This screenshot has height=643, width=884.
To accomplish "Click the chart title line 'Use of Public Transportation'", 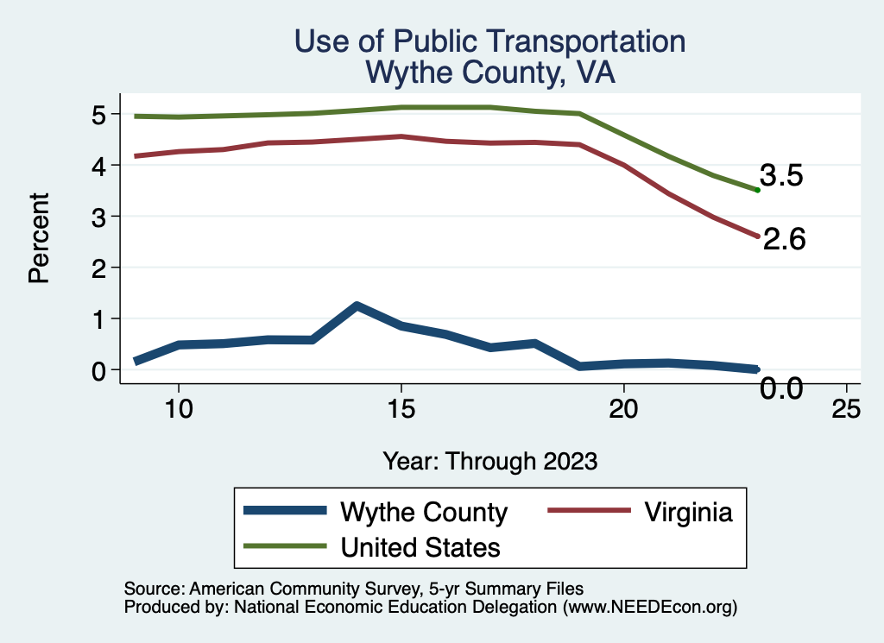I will (x=489, y=41).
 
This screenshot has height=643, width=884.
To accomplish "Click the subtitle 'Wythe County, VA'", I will (x=489, y=73).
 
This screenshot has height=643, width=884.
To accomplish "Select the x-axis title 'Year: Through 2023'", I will (x=489, y=461).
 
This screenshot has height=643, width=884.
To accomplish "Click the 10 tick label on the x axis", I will (x=178, y=408).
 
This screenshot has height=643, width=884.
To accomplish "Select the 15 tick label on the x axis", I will (x=401, y=408).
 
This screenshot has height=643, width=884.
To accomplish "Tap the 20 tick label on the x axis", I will (x=623, y=408).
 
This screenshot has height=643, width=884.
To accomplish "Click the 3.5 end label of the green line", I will (x=781, y=176).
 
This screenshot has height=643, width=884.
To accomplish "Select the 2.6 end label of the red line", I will (x=784, y=240).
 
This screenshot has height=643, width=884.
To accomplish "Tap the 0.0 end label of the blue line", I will (x=781, y=389).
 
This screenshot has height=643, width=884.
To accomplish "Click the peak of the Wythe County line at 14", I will (x=356, y=306).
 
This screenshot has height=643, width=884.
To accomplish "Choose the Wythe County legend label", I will (x=424, y=512).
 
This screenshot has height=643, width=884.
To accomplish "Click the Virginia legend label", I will (x=687, y=512).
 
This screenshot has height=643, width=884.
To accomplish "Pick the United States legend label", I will (x=420, y=546).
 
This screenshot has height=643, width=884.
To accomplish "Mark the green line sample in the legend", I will (x=285, y=546).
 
